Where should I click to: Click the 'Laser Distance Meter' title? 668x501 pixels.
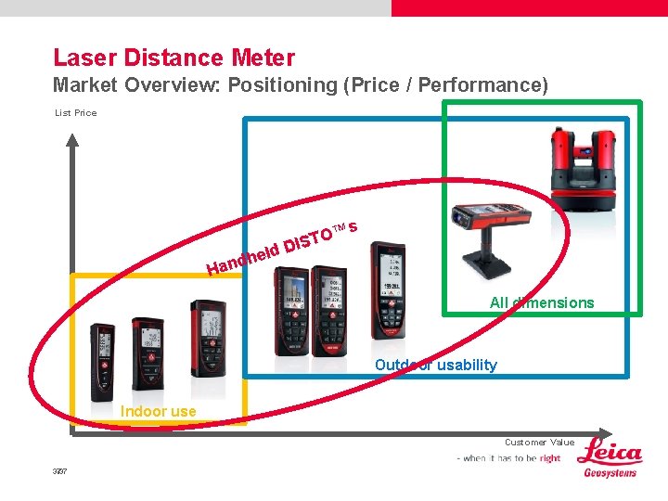coord(173,58)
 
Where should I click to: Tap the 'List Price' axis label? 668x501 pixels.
coord(75,113)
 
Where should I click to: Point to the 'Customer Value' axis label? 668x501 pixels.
coord(539,443)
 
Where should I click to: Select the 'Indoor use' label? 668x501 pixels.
coord(158,411)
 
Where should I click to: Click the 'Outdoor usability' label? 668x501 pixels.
coord(435,365)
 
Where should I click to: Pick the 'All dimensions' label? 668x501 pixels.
coord(542,302)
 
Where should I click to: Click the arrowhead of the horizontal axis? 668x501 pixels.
coord(604,433)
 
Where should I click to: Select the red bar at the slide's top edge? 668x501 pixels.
coord(529,7)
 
